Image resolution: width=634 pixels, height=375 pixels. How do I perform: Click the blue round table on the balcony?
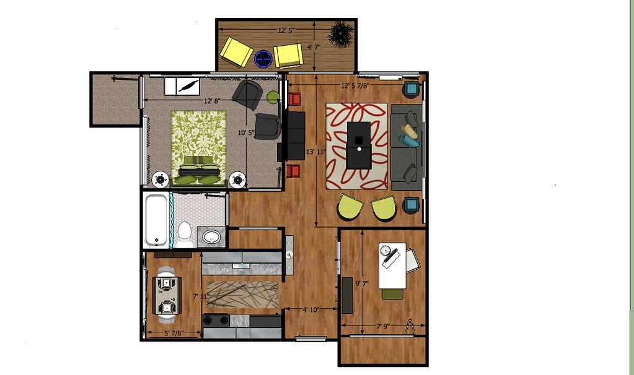[263, 59]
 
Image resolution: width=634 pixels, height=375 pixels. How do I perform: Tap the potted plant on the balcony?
[340, 35]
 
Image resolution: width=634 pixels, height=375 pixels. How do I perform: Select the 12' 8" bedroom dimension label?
[212, 100]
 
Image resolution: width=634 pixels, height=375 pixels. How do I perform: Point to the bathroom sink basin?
[213, 236]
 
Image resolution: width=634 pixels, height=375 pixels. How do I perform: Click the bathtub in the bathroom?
[156, 220]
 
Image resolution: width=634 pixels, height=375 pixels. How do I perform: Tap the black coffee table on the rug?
[359, 145]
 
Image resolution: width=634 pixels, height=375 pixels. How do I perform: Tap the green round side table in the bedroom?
[273, 97]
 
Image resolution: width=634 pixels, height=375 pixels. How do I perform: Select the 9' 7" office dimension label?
[363, 283]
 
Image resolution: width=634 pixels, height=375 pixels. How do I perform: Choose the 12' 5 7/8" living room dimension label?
[354, 86]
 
